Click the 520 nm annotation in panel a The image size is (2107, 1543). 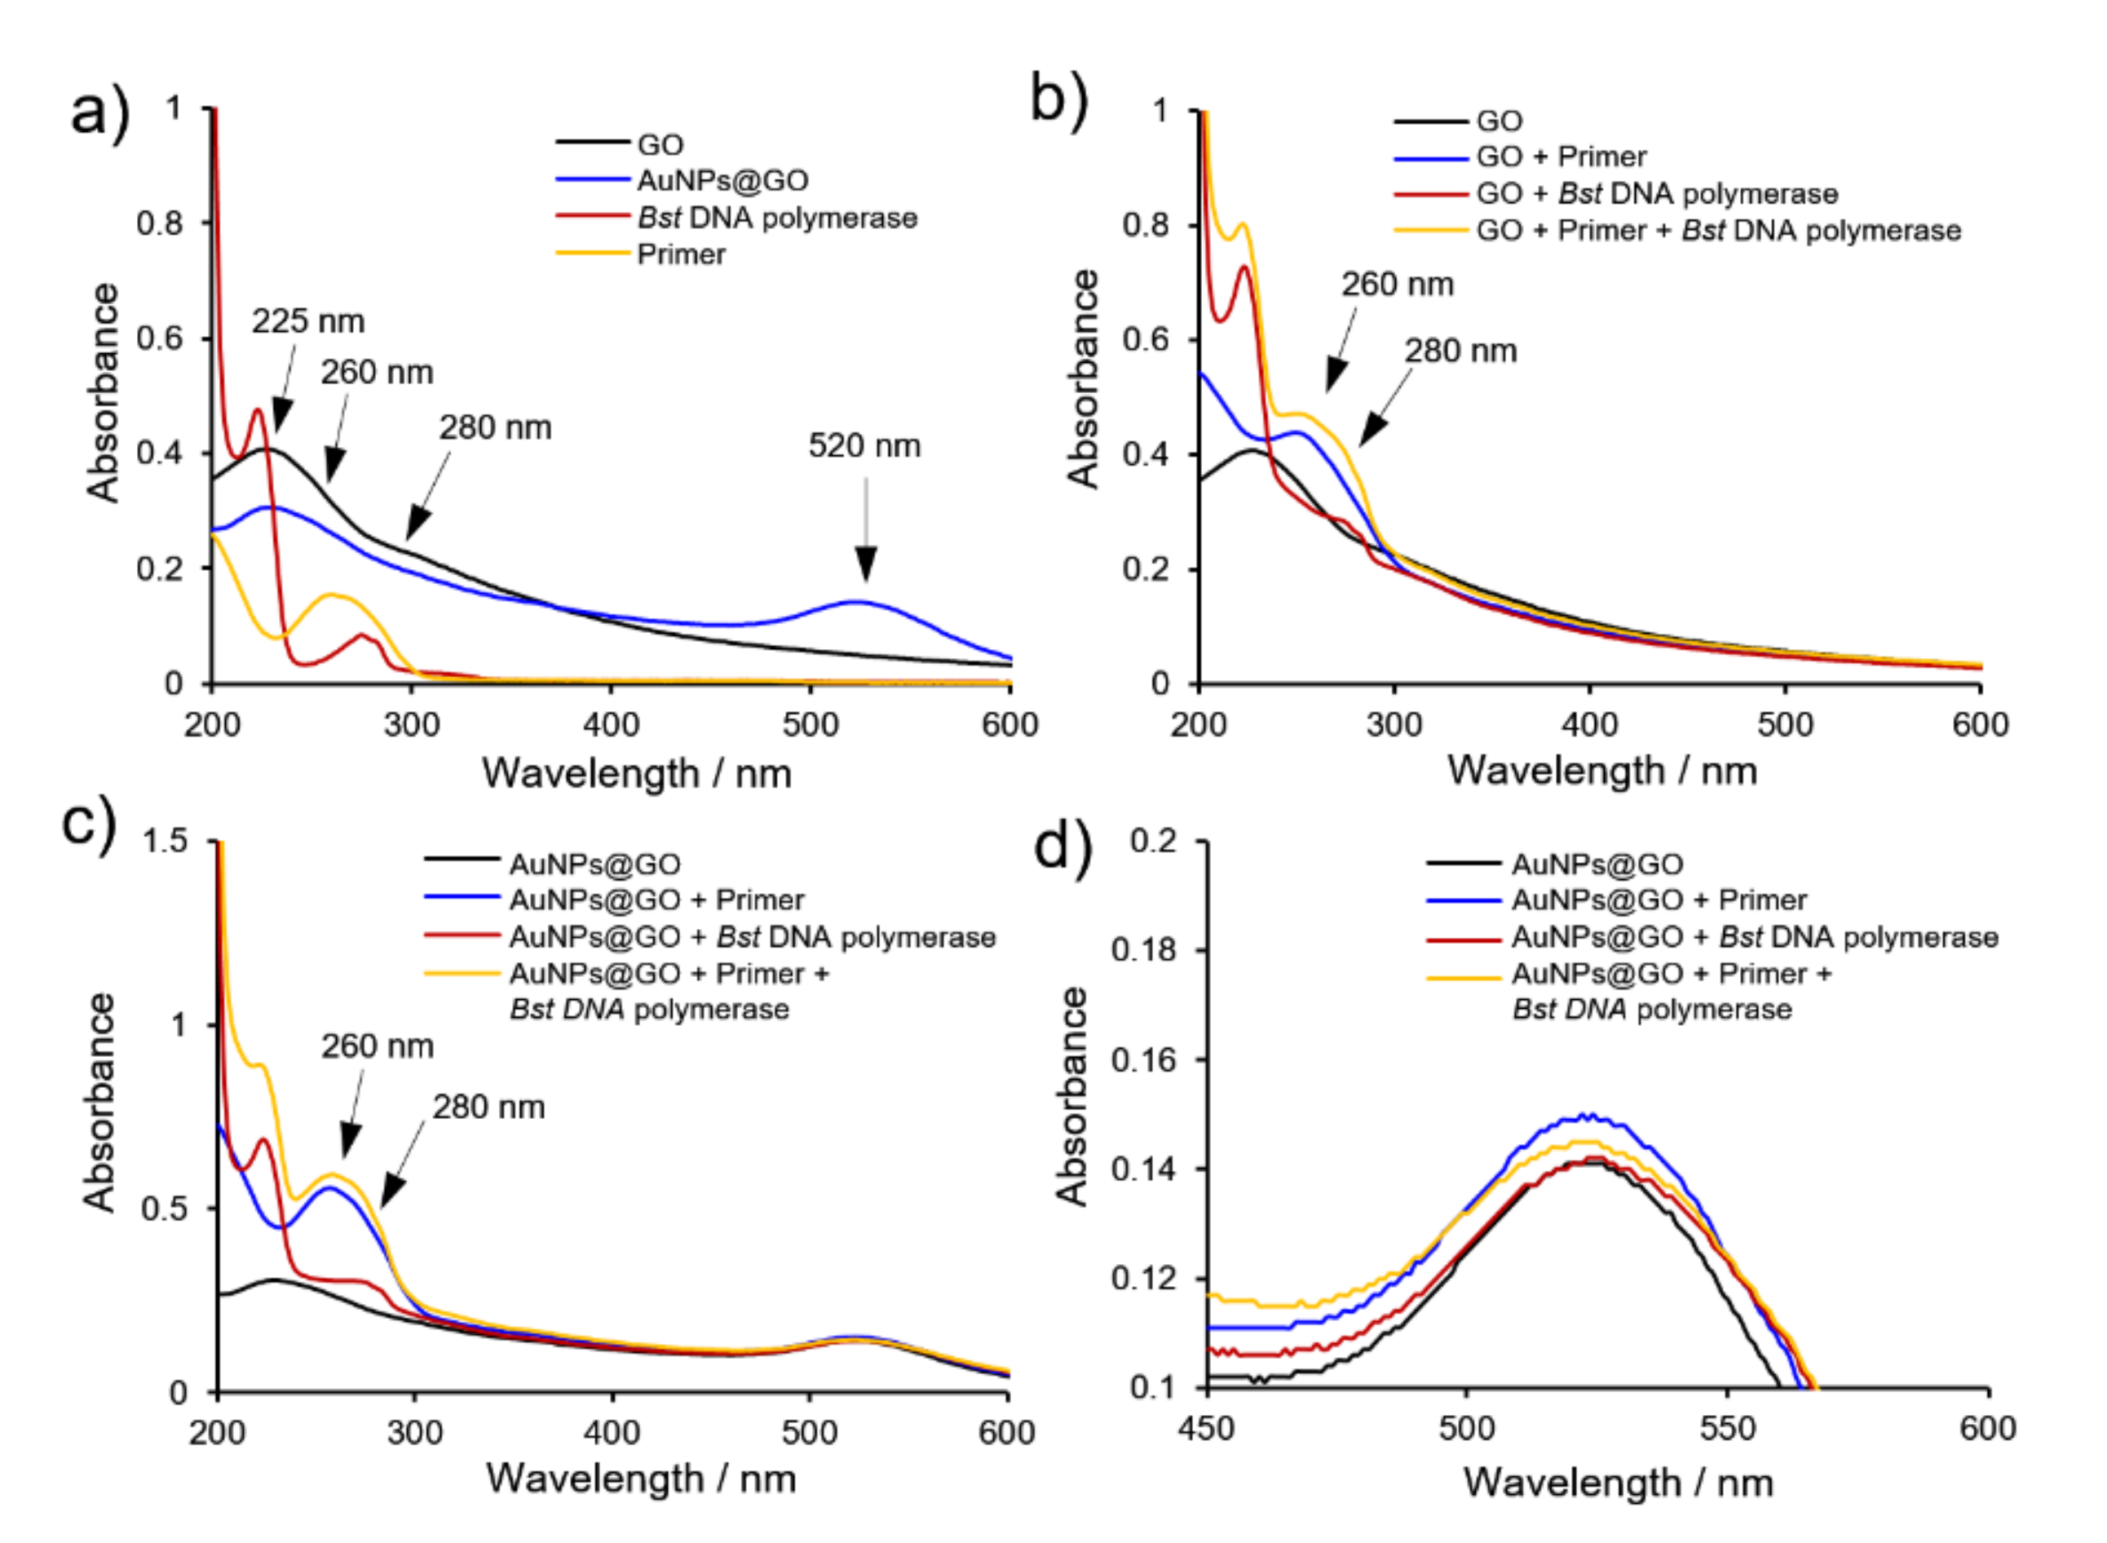coord(864,445)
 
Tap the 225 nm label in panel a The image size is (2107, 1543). coord(307,321)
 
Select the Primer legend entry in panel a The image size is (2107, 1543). coord(681,254)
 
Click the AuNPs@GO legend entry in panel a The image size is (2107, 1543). coord(722,180)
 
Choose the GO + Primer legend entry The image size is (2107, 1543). coord(1561,156)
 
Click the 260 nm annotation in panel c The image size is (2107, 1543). coord(378,1046)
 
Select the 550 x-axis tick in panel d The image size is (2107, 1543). coord(1727,1428)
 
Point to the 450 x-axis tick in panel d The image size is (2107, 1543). coord(1208,1428)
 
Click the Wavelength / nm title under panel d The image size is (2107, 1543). coord(1618,1483)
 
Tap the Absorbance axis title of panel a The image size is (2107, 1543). coord(103,392)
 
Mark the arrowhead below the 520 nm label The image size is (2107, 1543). coord(866,564)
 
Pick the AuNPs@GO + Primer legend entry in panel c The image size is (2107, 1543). coord(656,900)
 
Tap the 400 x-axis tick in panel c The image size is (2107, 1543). coord(612,1432)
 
